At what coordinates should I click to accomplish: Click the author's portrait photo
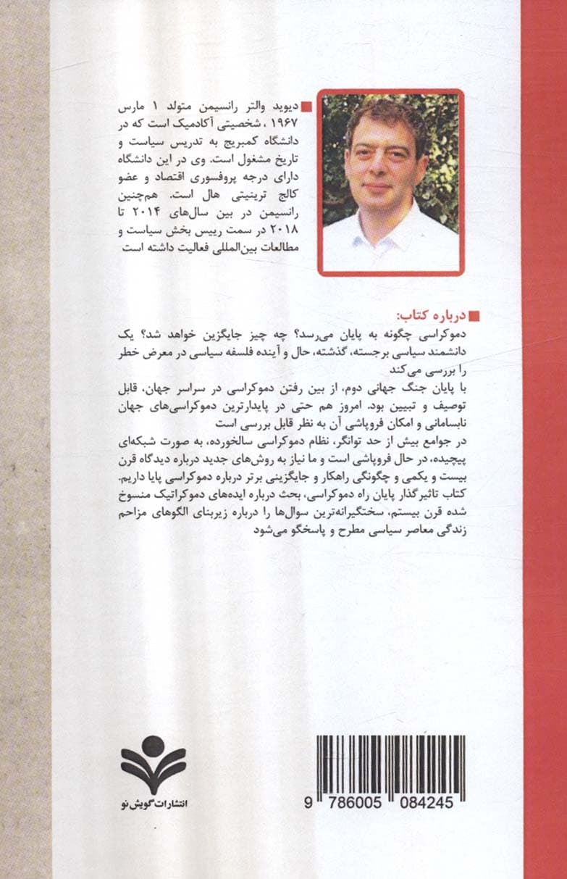click(390, 183)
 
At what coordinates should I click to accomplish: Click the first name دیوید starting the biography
click(285, 106)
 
